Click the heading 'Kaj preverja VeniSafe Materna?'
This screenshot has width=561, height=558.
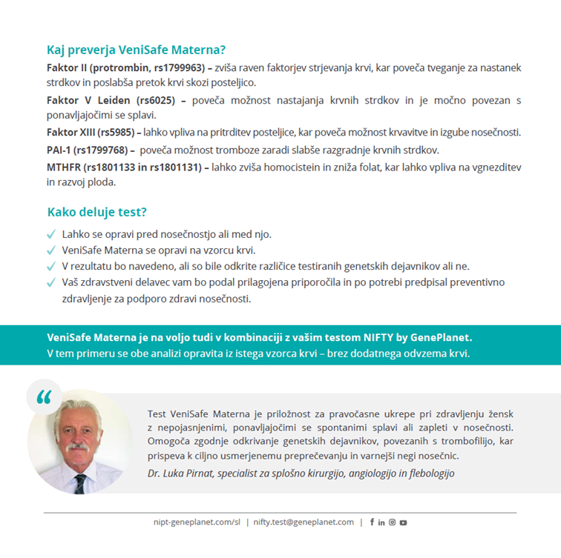[136, 50]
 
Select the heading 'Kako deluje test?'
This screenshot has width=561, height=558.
[97, 212]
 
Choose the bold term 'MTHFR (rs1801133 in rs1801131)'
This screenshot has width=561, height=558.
[124, 166]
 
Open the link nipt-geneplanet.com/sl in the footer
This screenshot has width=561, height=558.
[196, 522]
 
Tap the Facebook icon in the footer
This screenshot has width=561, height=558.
[372, 522]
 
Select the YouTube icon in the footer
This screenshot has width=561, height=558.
[403, 522]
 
